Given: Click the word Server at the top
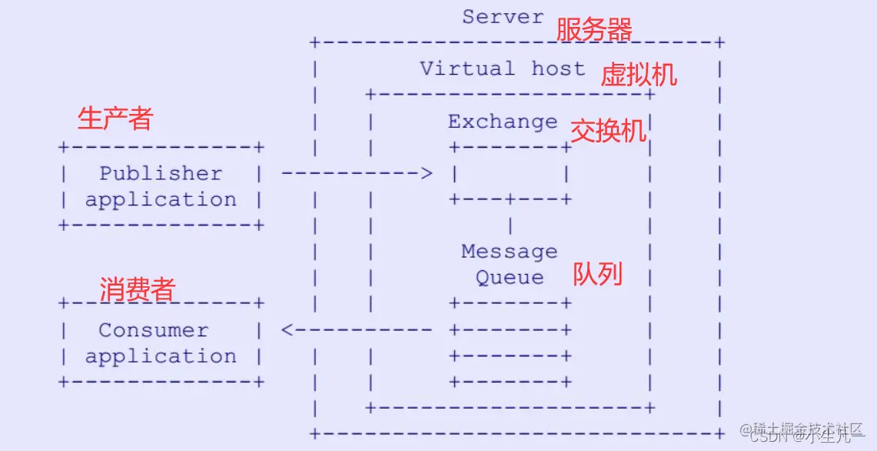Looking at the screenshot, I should [503, 16].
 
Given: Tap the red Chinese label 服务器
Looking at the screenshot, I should [594, 30].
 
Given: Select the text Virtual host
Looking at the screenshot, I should [502, 68].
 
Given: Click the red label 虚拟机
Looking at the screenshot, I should [639, 75].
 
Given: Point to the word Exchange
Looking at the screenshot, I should [503, 122].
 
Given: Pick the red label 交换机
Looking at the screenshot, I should [608, 132].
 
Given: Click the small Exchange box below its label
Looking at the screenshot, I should [510, 173].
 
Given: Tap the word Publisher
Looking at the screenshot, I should [161, 173].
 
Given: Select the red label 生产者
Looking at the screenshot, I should [115, 119].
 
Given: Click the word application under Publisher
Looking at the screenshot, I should [161, 200].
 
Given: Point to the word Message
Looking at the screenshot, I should [510, 252].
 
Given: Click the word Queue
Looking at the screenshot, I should [510, 278].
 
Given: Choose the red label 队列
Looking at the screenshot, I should [597, 274].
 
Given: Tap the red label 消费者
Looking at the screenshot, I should [138, 289].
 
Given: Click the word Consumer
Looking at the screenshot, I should [154, 330].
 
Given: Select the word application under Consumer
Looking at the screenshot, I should [161, 357].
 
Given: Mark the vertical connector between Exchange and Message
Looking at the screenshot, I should [510, 225].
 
